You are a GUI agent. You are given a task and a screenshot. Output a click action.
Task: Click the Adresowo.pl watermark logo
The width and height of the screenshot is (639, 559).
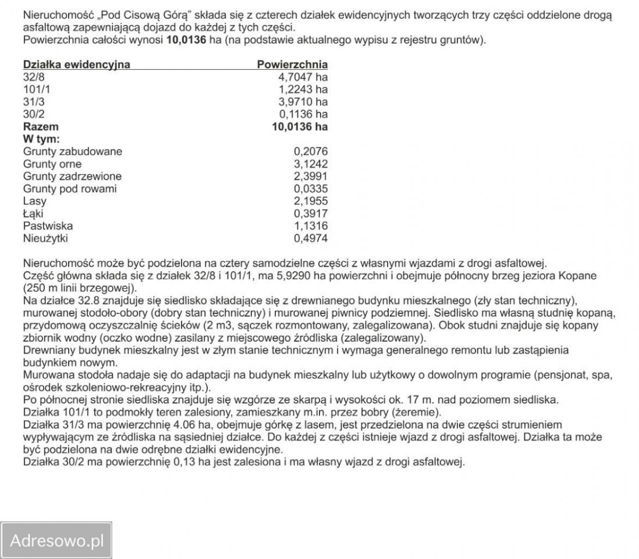click(57, 541)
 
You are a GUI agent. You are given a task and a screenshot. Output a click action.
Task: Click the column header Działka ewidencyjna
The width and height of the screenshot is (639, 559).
click(76, 65)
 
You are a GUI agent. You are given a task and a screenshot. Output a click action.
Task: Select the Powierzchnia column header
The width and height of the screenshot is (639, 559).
click(292, 65)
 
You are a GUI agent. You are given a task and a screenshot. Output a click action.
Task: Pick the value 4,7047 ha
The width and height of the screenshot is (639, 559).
click(303, 77)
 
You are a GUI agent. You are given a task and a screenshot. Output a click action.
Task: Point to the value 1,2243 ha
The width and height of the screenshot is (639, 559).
click(303, 89)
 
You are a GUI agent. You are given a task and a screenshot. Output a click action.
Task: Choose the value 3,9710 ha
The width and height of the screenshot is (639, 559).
click(303, 102)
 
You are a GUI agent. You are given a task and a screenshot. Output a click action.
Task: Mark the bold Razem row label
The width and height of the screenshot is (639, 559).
click(41, 126)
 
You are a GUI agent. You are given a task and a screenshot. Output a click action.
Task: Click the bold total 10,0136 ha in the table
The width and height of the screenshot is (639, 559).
click(299, 126)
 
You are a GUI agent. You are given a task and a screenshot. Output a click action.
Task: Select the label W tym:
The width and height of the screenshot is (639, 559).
click(41, 139)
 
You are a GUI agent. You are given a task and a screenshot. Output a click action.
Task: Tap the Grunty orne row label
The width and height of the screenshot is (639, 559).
click(52, 164)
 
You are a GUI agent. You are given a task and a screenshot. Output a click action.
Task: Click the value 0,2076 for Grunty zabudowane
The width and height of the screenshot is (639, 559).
click(311, 151)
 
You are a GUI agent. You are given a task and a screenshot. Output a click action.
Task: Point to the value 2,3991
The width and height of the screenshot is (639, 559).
click(311, 176)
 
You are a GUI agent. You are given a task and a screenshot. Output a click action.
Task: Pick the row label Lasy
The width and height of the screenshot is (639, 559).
click(35, 201)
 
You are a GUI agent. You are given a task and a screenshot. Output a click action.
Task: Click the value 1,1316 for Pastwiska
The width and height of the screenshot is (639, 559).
click(311, 226)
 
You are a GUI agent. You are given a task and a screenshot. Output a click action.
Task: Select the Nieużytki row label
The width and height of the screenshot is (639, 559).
click(49, 238)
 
